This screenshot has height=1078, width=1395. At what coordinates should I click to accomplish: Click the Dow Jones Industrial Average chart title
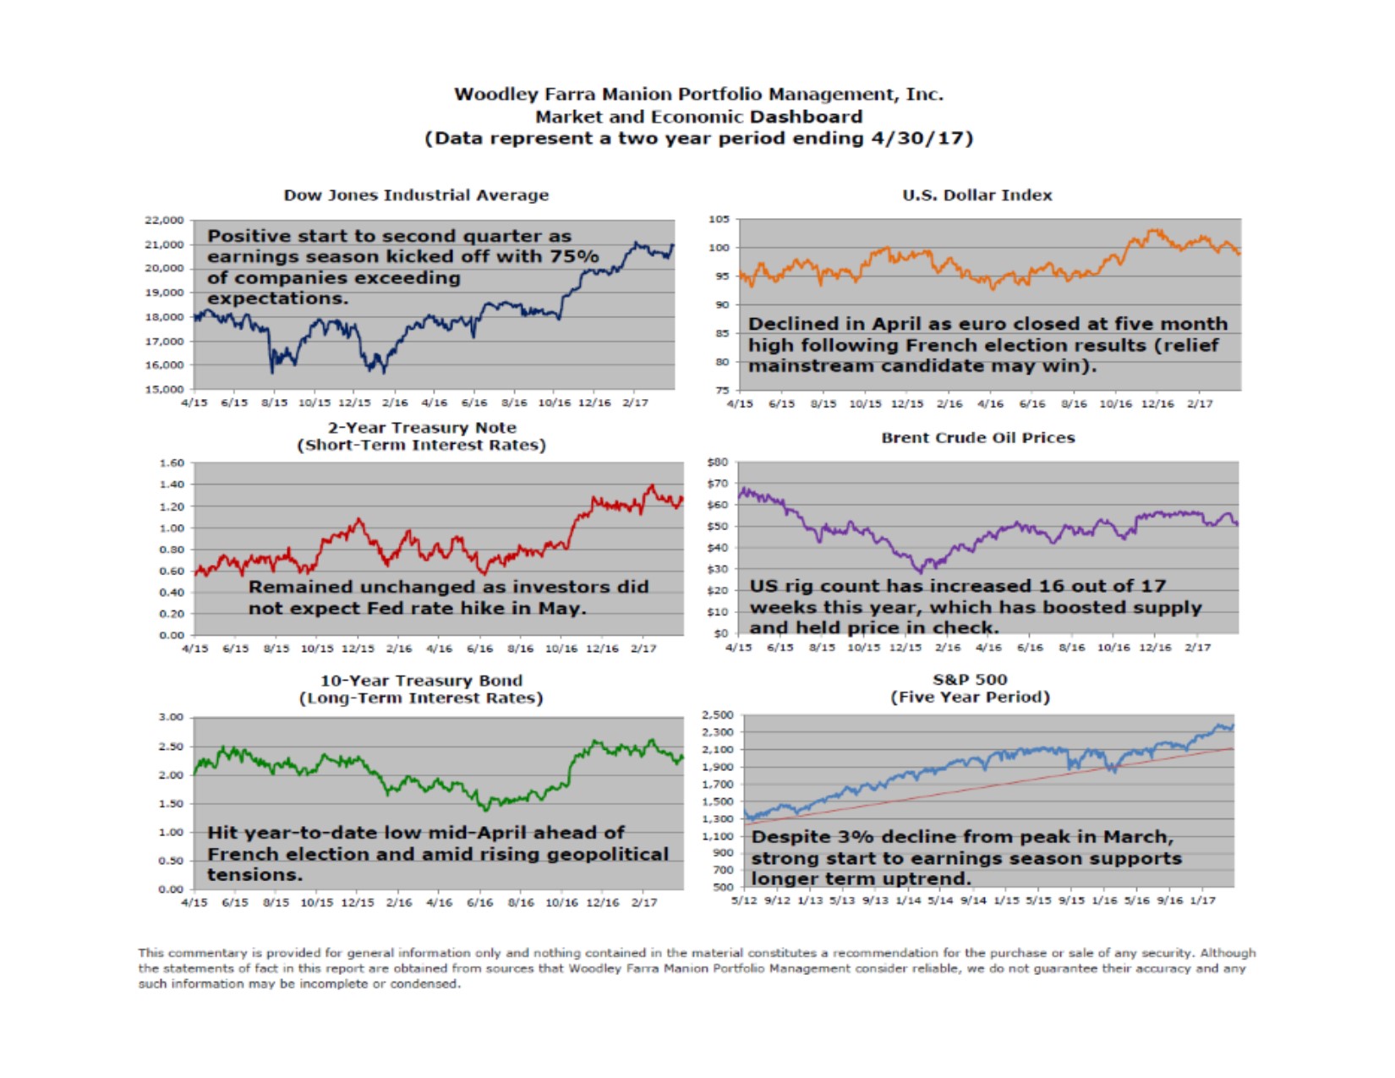(x=416, y=195)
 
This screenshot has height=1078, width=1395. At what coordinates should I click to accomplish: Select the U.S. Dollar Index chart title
(x=976, y=195)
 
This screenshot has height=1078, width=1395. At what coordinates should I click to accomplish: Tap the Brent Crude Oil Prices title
(x=977, y=438)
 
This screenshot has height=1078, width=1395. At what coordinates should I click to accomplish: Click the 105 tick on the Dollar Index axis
(x=719, y=219)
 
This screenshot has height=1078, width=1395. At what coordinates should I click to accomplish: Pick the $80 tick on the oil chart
(x=717, y=462)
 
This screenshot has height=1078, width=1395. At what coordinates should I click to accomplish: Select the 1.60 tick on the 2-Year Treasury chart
(x=171, y=463)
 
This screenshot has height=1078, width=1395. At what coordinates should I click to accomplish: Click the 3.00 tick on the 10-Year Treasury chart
(x=171, y=718)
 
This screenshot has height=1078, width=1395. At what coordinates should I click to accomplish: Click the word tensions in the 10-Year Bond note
(x=254, y=875)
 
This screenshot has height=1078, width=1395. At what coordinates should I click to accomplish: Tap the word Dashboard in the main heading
(x=807, y=117)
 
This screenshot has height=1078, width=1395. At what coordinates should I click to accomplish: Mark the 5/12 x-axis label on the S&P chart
(x=744, y=900)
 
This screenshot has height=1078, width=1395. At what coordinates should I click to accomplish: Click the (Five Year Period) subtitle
(x=970, y=698)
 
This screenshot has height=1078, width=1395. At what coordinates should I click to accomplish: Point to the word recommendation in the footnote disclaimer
(x=881, y=953)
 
